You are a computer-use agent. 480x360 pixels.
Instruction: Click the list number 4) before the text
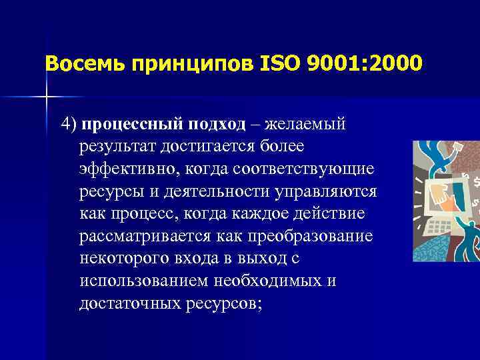coord(69,124)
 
